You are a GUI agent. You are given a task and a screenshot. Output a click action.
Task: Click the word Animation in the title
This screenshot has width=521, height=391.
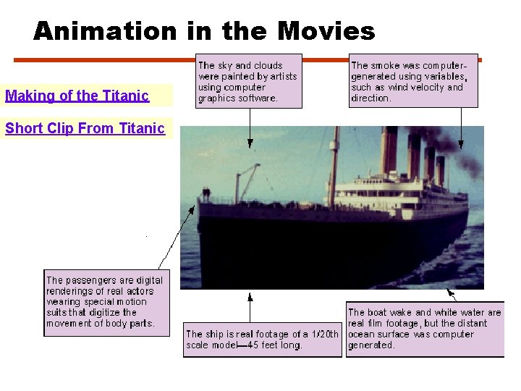click(104, 31)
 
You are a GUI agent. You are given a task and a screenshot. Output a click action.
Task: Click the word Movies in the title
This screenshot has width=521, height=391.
click(326, 31)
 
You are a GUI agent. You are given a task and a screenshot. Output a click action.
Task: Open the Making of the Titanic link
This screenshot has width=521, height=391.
click(77, 96)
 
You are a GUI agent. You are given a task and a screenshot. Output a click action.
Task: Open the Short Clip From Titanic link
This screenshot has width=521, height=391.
click(85, 129)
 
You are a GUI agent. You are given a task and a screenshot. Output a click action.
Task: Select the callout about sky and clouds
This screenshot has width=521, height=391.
click(249, 81)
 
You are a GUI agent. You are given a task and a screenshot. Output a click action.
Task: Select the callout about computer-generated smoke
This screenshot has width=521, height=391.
click(413, 80)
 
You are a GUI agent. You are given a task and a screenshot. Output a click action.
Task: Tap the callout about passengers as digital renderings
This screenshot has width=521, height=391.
click(106, 302)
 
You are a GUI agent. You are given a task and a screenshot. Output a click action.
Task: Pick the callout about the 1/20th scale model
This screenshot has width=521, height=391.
click(262, 339)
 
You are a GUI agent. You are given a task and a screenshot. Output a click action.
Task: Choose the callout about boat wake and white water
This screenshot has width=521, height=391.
click(425, 329)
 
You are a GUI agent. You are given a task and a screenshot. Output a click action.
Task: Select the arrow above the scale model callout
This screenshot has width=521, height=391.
click(250, 307)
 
